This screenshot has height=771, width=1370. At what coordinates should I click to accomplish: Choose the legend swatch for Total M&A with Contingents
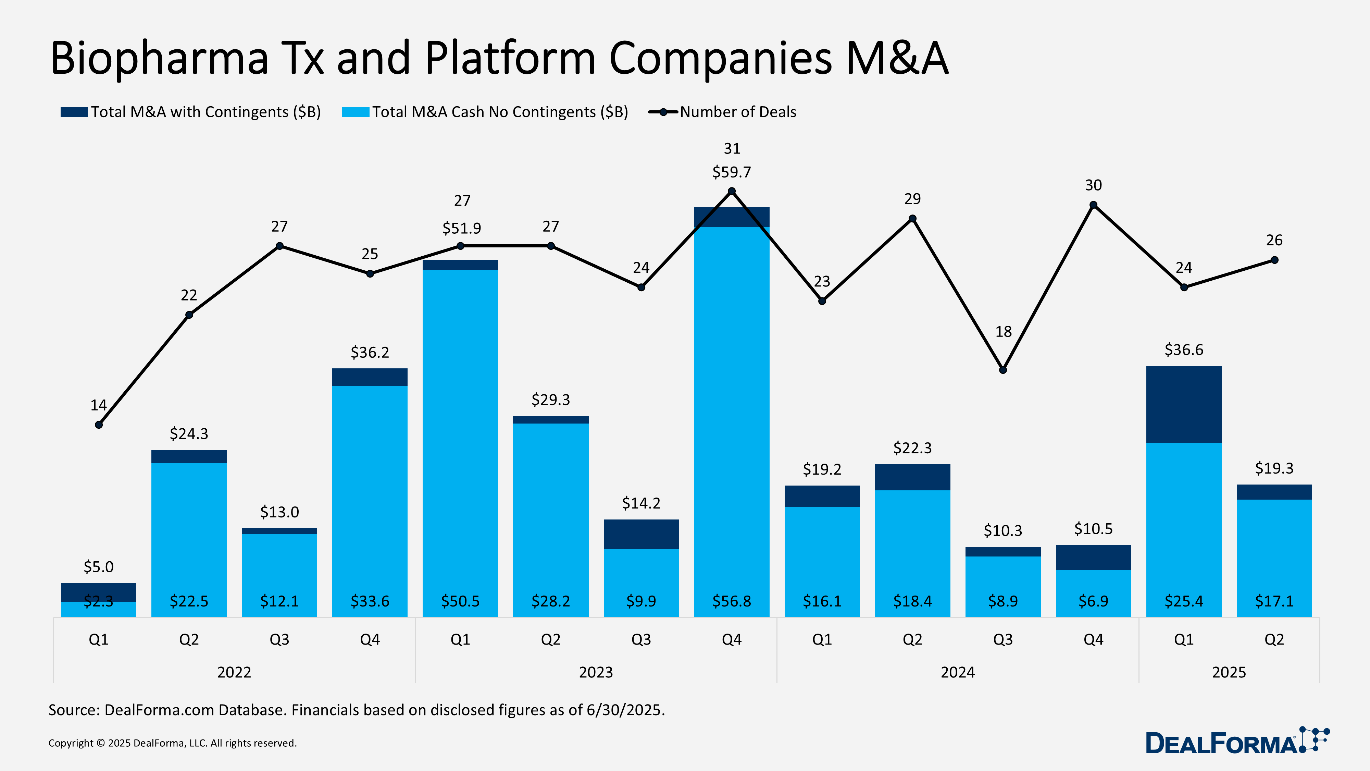(74, 112)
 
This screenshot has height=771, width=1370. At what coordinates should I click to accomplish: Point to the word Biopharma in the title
(160, 59)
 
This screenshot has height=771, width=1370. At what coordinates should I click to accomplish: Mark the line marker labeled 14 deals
(99, 425)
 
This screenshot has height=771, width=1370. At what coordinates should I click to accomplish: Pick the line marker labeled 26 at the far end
(1274, 260)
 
